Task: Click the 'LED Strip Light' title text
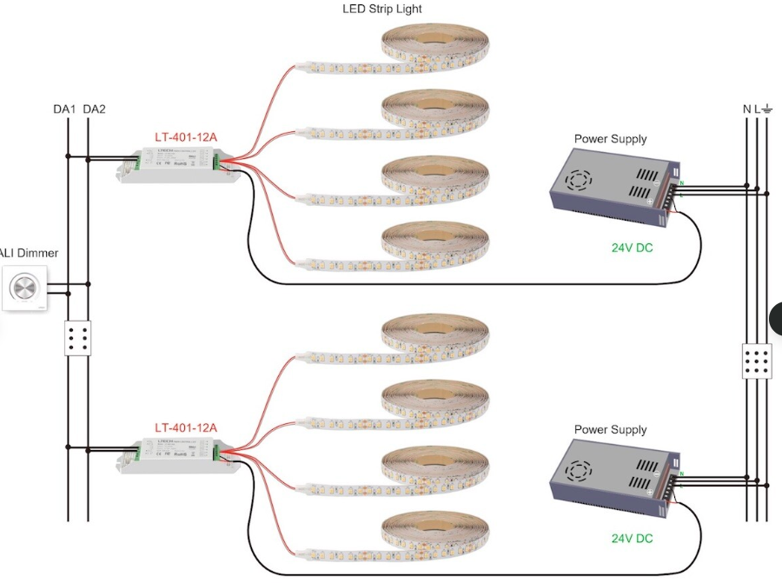[383, 10]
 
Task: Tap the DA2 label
[94, 109]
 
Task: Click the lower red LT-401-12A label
[186, 427]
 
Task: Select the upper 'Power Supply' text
[610, 139]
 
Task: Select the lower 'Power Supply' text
[610, 430]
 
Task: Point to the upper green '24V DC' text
[632, 248]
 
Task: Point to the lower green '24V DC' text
[632, 539]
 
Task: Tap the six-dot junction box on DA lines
[78, 339]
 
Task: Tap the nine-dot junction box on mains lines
[758, 361]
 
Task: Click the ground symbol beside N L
[768, 109]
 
